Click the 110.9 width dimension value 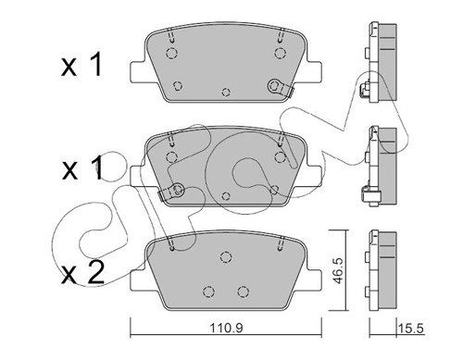[x=226, y=329]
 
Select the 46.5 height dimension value [x=339, y=271]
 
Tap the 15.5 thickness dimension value [x=411, y=329]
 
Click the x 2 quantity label [x=82, y=273]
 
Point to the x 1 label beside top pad [x=81, y=65]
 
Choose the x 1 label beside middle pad [x=82, y=168]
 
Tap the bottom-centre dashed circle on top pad [x=226, y=92]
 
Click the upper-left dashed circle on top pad [x=171, y=54]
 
